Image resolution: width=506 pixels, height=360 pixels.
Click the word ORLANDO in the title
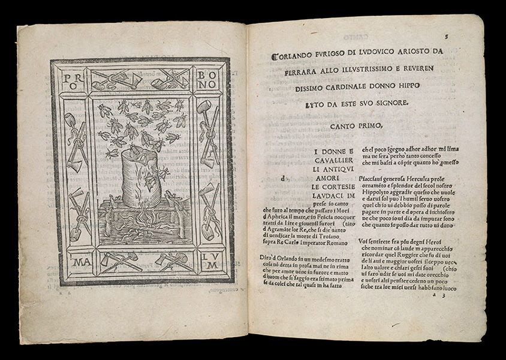click(296, 52)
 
